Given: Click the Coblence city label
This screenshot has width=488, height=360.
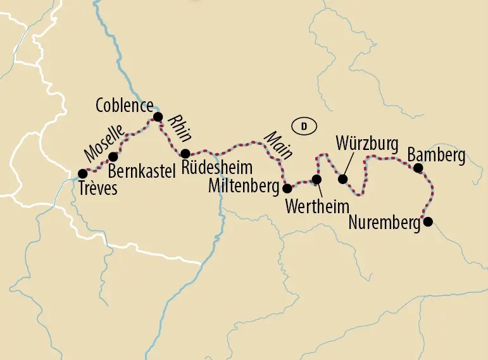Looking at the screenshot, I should pyautogui.click(x=124, y=106).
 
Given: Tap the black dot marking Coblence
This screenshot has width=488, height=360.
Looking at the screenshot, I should pyautogui.click(x=158, y=116).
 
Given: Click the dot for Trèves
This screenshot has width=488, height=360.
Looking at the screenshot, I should pyautogui.click(x=82, y=173).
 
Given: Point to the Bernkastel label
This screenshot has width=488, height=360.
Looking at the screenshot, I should pyautogui.click(x=141, y=171).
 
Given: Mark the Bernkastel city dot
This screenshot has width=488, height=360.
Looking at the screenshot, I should pyautogui.click(x=113, y=156).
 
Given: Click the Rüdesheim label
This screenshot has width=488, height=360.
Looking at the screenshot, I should pyautogui.click(x=216, y=168).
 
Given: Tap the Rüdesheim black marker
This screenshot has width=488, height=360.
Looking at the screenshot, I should pyautogui.click(x=185, y=153).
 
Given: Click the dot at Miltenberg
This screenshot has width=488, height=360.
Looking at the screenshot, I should pyautogui.click(x=287, y=188).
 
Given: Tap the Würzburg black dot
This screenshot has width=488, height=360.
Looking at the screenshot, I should pyautogui.click(x=343, y=179).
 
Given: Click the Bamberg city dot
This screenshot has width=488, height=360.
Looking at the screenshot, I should pyautogui.click(x=418, y=168).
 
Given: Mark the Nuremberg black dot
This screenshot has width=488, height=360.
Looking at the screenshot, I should pyautogui.click(x=428, y=221).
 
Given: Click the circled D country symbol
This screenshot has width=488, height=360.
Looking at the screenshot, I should pyautogui.click(x=304, y=126).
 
